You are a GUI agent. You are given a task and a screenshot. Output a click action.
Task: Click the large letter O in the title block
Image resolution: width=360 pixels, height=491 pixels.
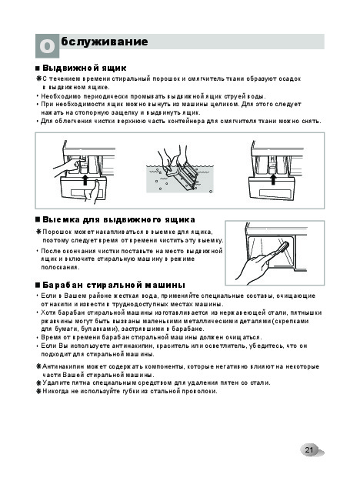[x=47, y=46]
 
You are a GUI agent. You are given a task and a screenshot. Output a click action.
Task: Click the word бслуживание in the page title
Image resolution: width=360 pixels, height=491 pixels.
[x=105, y=42]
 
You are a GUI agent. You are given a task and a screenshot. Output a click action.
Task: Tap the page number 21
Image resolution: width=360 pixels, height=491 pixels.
[x=309, y=450]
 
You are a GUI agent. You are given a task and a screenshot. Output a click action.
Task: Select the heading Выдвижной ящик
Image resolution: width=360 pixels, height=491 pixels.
[x=85, y=68]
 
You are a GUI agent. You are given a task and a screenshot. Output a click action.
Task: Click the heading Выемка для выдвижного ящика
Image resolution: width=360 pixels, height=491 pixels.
[x=118, y=220]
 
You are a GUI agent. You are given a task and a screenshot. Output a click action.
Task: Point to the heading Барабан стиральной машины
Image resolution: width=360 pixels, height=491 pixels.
[x=114, y=285]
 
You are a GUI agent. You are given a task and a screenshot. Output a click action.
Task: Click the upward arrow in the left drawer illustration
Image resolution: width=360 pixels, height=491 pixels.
[x=85, y=180]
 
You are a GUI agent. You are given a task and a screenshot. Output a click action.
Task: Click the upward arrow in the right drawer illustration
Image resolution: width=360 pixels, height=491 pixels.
[x=273, y=179]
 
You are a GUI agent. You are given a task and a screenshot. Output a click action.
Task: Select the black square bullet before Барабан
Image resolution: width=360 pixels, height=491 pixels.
[x=38, y=286]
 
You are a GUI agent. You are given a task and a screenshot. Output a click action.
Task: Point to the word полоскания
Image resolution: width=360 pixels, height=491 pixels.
[x=60, y=267]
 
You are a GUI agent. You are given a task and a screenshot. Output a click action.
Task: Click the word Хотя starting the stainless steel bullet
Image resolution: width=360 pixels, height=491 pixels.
[x=48, y=312]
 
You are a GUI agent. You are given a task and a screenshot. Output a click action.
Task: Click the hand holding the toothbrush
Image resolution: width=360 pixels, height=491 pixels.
[x=254, y=265]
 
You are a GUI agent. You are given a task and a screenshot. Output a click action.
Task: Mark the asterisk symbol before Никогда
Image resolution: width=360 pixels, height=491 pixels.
[x=38, y=391]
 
